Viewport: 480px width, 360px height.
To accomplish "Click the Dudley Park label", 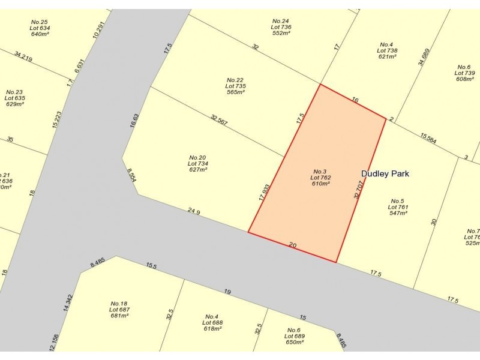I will [x=385, y=174].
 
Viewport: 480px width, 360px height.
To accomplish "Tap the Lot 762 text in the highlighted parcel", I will [x=320, y=178].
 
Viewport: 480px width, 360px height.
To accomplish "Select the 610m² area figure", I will [x=320, y=184].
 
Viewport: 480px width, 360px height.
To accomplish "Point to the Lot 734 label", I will [x=197, y=164].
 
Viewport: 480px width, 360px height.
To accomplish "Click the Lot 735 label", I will [x=235, y=86].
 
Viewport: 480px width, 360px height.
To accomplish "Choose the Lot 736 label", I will [x=281, y=27].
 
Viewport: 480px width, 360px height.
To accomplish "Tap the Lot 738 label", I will [x=387, y=50].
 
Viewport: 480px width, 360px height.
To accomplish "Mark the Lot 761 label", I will [x=398, y=207].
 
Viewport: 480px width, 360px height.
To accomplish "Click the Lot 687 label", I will [x=119, y=310].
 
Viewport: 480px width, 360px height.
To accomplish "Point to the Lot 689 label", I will [x=294, y=336].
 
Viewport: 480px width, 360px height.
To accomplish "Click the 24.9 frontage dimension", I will [x=193, y=211].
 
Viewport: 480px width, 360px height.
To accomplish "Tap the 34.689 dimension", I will [x=425, y=56].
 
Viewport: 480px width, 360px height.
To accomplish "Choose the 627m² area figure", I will [x=197, y=170].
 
